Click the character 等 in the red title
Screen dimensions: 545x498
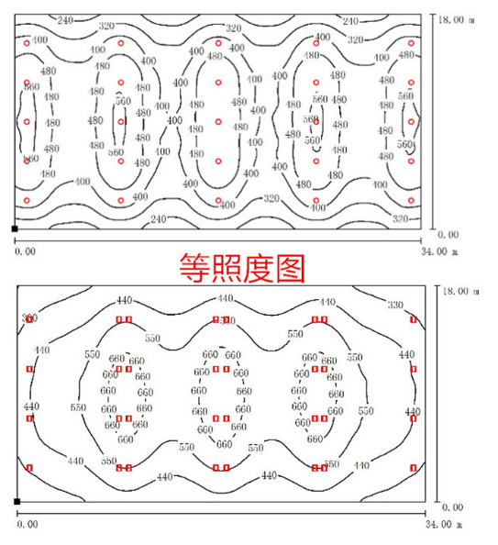pos(196,268)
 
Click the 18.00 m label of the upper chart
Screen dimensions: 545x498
pos(455,18)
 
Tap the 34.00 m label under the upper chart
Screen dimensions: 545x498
pos(440,250)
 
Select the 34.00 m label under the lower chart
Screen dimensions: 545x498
pos(440,524)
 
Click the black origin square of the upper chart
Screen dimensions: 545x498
pos(14,228)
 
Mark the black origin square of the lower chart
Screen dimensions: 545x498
pos(17,501)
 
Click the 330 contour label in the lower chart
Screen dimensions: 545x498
pos(395,305)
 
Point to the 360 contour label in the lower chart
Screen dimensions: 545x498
pos(29,318)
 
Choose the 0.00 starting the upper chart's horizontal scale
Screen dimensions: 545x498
pos(27,250)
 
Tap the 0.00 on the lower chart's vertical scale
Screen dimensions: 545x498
pos(453,506)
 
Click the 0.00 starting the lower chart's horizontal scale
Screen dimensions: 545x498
pos(28,524)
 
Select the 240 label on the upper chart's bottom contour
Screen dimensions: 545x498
pos(158,219)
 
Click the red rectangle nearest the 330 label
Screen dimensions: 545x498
pos(414,319)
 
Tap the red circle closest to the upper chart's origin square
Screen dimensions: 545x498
pos(28,200)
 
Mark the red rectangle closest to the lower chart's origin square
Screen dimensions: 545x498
pos(29,468)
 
